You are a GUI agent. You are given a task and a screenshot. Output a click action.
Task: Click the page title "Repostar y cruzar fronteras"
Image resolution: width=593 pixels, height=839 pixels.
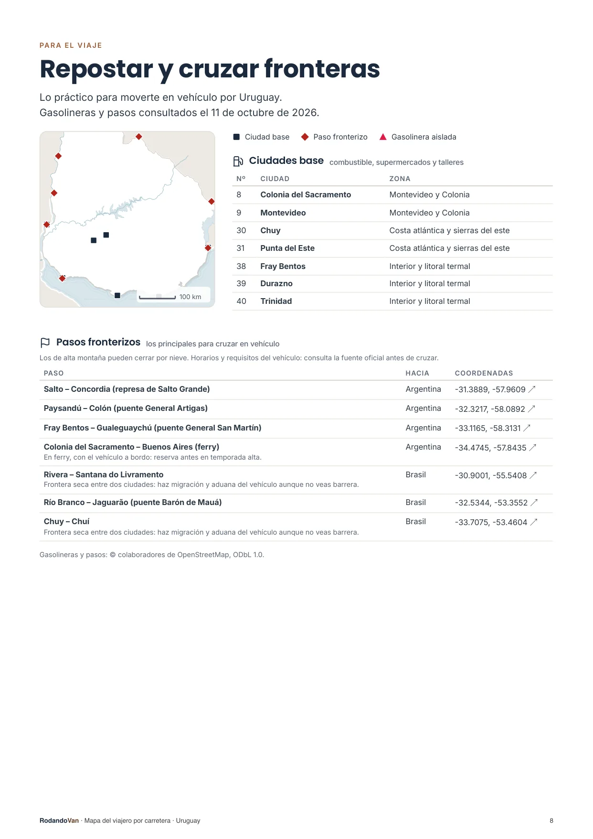(x=210, y=69)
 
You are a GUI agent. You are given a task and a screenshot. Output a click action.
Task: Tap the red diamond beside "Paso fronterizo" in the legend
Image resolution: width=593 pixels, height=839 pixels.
(x=305, y=137)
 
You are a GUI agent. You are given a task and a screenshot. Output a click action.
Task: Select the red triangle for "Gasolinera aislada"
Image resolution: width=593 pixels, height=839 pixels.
(x=383, y=137)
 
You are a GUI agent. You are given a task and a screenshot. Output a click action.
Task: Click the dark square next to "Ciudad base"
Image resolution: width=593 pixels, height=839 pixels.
(x=236, y=137)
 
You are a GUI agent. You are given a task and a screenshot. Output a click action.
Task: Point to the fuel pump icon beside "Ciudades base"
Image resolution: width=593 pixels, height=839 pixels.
(x=238, y=161)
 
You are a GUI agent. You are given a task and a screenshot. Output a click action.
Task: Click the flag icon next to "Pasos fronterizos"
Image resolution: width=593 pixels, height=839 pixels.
(x=45, y=343)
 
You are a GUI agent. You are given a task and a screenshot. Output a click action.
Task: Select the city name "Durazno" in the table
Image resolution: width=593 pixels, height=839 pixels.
(x=276, y=284)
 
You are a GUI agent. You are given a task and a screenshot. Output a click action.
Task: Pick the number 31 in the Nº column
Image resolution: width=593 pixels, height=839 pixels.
(x=241, y=248)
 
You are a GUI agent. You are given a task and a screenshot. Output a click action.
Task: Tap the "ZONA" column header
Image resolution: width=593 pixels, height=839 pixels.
(x=400, y=179)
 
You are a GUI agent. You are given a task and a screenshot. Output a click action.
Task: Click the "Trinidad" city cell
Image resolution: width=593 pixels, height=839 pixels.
(x=276, y=301)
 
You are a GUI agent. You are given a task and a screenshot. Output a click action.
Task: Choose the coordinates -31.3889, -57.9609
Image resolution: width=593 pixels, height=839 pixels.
(x=490, y=389)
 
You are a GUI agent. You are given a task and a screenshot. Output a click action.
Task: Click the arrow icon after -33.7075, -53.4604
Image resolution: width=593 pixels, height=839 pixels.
(x=534, y=522)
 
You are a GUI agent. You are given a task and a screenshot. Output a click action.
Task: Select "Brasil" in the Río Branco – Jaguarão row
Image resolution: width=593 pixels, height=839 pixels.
(x=415, y=503)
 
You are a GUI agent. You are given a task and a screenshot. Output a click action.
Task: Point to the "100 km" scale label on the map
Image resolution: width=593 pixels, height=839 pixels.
(x=190, y=297)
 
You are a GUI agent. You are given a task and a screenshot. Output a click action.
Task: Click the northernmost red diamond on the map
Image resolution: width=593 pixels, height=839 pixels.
(x=139, y=137)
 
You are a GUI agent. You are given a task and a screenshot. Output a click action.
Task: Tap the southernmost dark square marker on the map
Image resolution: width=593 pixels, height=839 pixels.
(x=117, y=295)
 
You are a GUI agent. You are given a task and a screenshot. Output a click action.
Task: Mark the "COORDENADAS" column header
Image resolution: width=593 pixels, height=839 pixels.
(x=484, y=373)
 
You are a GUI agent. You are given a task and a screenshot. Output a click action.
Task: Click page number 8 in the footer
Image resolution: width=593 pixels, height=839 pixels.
(x=551, y=821)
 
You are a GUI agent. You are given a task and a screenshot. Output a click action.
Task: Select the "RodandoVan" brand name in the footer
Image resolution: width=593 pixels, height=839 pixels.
(x=59, y=821)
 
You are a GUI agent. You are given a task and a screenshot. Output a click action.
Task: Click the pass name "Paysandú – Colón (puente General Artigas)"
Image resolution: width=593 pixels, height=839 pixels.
(x=126, y=409)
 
